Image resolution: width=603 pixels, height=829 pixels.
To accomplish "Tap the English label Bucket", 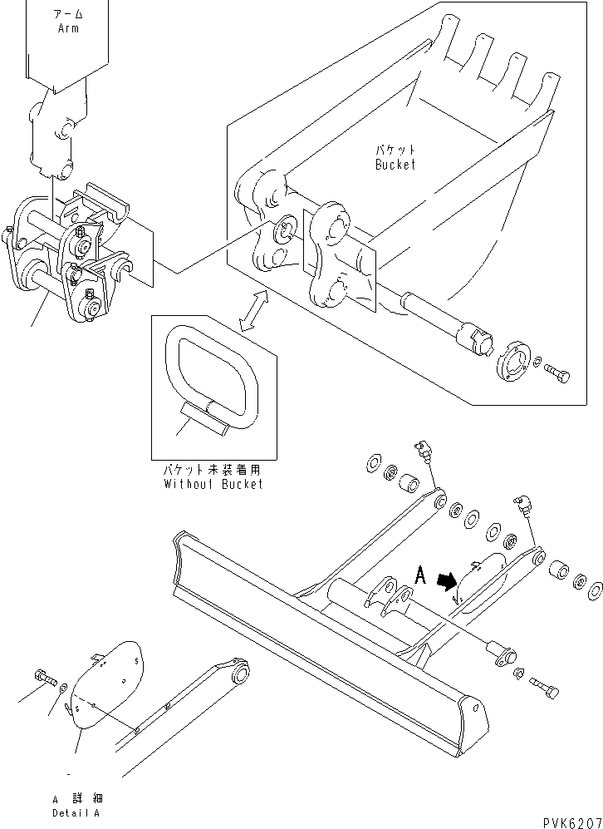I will pos(395,165).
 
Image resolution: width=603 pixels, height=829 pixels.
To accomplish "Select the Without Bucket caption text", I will pos(213,484).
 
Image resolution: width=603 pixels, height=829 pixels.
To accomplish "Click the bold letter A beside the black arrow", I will pos(421,575).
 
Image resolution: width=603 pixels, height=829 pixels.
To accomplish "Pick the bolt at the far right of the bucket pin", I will pos(559,377).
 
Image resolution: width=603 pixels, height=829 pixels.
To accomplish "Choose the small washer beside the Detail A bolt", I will pos(64,687).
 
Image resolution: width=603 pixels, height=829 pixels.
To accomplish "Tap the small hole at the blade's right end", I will pos(477,713).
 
